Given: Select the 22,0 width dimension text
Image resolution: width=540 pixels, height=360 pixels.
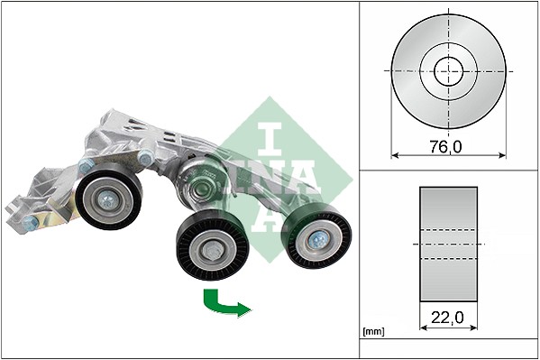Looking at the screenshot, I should click(448, 318).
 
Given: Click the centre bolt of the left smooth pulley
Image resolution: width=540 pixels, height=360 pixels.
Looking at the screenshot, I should click(107, 200).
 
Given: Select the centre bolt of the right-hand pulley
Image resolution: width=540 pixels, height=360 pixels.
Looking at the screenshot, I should click(318, 238).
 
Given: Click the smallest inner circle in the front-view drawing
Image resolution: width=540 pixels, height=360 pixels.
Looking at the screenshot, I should click(448, 70).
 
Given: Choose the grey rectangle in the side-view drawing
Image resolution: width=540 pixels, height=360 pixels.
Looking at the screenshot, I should click(448, 245).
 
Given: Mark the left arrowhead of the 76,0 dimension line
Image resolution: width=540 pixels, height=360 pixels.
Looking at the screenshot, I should click(395, 155).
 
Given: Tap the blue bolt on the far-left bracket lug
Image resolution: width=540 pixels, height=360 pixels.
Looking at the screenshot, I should click(30, 220).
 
